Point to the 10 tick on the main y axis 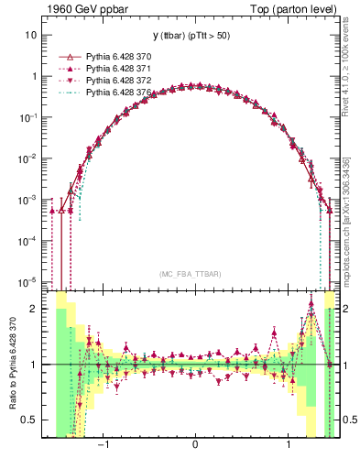click(x=32, y=35)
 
